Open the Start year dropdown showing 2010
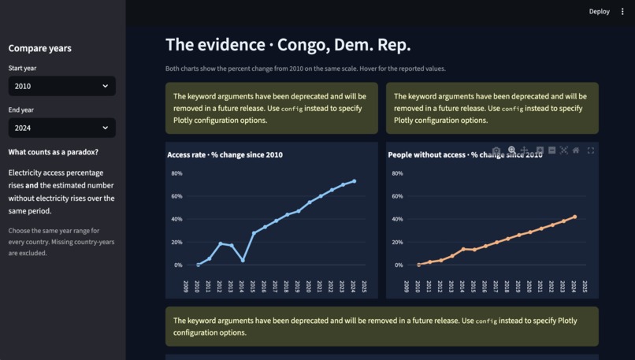point(62,86)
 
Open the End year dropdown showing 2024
point(62,128)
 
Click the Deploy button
point(599,11)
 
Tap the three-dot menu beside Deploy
point(622,11)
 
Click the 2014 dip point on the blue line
point(243,261)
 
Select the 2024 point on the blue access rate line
point(355,181)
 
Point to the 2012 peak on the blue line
point(221,243)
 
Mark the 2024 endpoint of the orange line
point(574,217)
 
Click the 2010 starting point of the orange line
point(419,265)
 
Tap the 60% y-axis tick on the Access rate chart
point(176,196)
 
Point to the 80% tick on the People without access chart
point(397,173)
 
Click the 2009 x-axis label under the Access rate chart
point(186,286)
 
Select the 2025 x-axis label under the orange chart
point(585,286)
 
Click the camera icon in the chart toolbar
point(496,150)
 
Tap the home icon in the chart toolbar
point(575,150)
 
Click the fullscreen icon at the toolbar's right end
point(590,150)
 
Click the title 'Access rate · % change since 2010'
point(225,154)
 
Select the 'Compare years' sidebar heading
point(39,48)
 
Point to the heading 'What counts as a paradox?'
point(53,152)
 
